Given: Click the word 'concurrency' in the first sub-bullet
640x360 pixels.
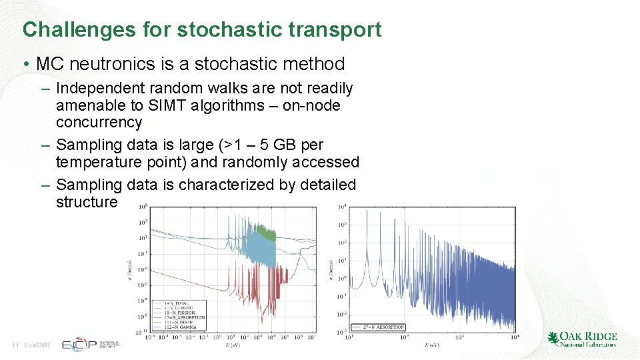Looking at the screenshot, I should (x=99, y=123).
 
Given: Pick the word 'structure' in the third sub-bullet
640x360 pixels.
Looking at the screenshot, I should (x=87, y=202).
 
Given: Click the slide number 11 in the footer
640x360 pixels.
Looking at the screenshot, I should (x=15, y=345).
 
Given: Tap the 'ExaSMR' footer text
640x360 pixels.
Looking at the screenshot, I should (x=37, y=345).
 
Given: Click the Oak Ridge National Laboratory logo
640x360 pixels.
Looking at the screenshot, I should (x=582, y=339).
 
